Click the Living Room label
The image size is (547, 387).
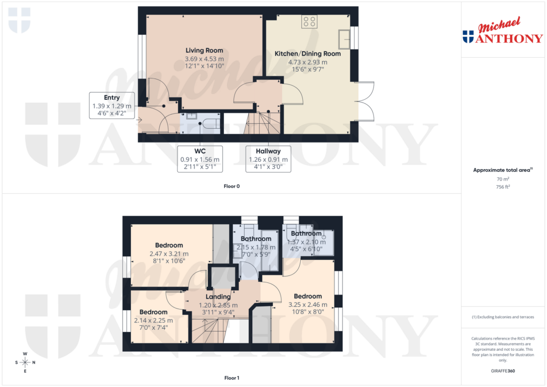[x=204, y=51]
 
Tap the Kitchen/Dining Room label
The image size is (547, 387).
[x=308, y=54]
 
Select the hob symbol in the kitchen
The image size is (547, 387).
[x=309, y=21]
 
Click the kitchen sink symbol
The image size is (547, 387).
[x=344, y=38]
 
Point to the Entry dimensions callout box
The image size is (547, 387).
[x=112, y=106]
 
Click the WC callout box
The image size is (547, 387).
[x=200, y=159]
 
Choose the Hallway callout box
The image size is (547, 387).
[x=268, y=159]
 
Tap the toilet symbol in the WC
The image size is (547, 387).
[x=210, y=124]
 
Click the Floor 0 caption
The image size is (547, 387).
[x=231, y=187]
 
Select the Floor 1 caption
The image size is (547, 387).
[x=231, y=378]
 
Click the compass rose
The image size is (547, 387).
[x=25, y=363]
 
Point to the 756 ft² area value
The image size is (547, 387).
[x=503, y=187]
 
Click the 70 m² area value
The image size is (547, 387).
[x=503, y=179]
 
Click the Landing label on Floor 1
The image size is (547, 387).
[x=218, y=297]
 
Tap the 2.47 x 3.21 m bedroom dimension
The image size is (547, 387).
[x=169, y=254]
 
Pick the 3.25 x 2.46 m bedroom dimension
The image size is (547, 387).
[x=307, y=305]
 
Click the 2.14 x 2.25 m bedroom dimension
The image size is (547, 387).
[x=153, y=320]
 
